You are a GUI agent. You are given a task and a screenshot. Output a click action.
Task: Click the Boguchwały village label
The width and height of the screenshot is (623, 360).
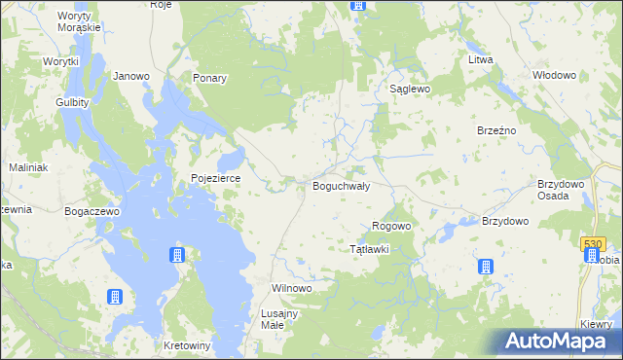point(340,186)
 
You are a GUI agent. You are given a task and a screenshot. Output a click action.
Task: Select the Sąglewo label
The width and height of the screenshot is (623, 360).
point(410,89)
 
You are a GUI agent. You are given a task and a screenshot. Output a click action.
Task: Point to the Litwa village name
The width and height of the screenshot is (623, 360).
point(481,60)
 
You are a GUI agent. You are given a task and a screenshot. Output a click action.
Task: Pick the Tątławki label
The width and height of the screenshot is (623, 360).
point(370,249)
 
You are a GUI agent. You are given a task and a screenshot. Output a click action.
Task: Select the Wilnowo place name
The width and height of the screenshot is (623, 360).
point(290,289)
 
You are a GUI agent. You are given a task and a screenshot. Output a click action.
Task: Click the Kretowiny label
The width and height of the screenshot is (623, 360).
point(188,345)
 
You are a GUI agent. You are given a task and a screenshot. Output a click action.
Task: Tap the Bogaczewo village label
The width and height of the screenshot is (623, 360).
point(92,211)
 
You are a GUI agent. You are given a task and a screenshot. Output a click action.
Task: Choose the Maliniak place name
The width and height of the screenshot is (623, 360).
point(28,167)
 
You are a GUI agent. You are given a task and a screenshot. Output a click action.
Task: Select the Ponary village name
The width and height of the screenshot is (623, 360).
point(209,79)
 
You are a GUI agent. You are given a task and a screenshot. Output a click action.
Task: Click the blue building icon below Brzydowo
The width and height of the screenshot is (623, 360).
point(485,268)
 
